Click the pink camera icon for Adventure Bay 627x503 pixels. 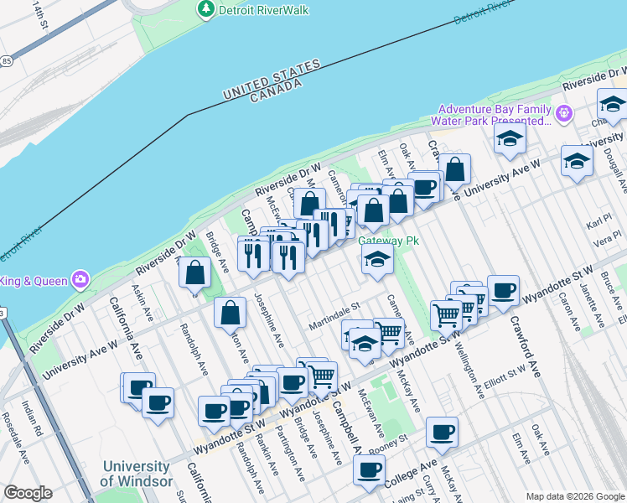click(564, 112)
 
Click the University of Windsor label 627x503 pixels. click(135, 474)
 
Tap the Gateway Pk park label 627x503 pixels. click(387, 241)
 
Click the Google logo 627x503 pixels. click(28, 493)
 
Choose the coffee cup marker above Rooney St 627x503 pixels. click(442, 433)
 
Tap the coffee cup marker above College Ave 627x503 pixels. click(368, 469)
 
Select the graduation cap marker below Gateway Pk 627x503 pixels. click(377, 261)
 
